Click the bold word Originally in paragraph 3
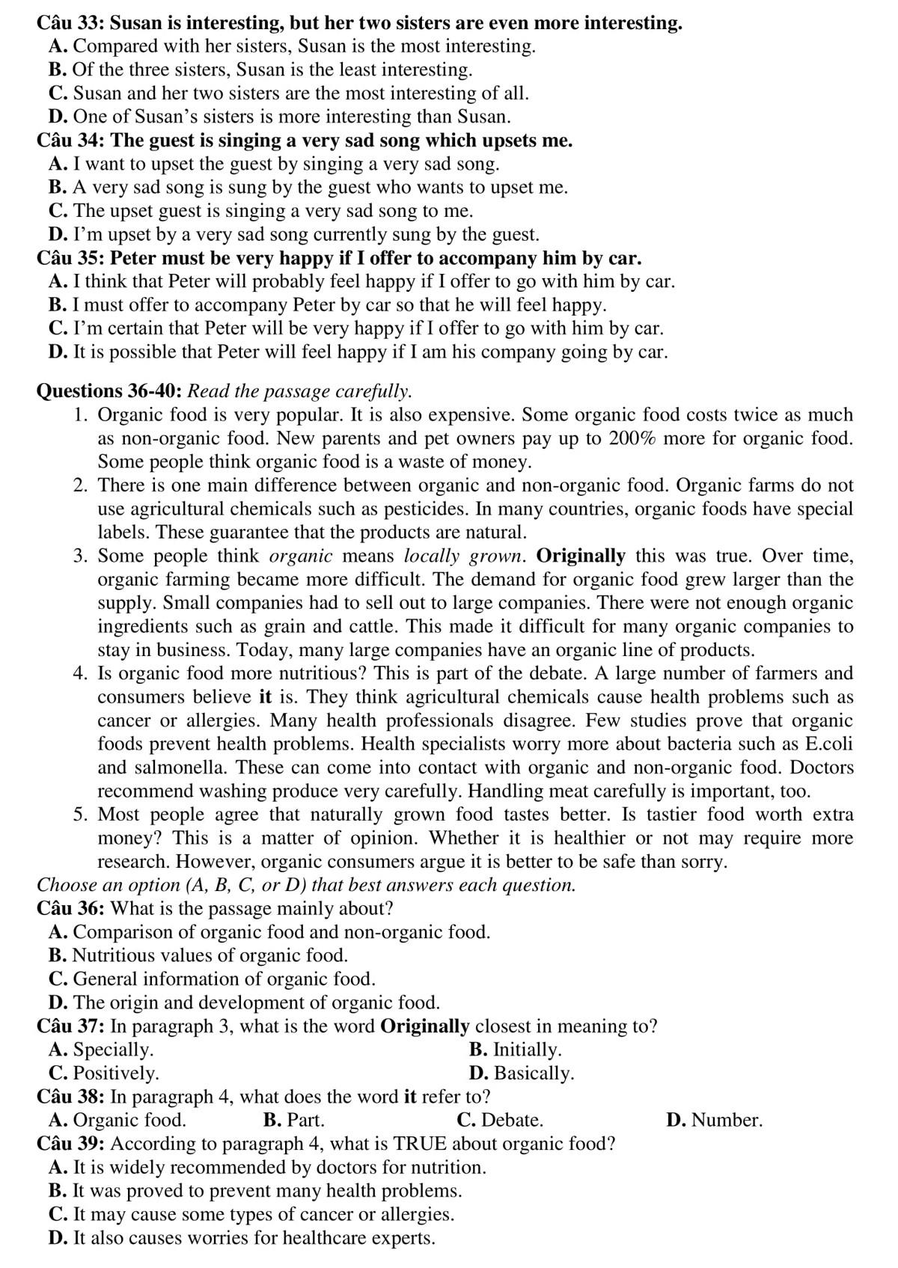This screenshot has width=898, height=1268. (x=581, y=556)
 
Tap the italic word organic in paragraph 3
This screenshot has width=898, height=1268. (x=300, y=556)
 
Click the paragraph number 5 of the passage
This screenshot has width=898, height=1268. (x=81, y=815)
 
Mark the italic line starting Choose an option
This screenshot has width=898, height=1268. (x=307, y=885)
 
